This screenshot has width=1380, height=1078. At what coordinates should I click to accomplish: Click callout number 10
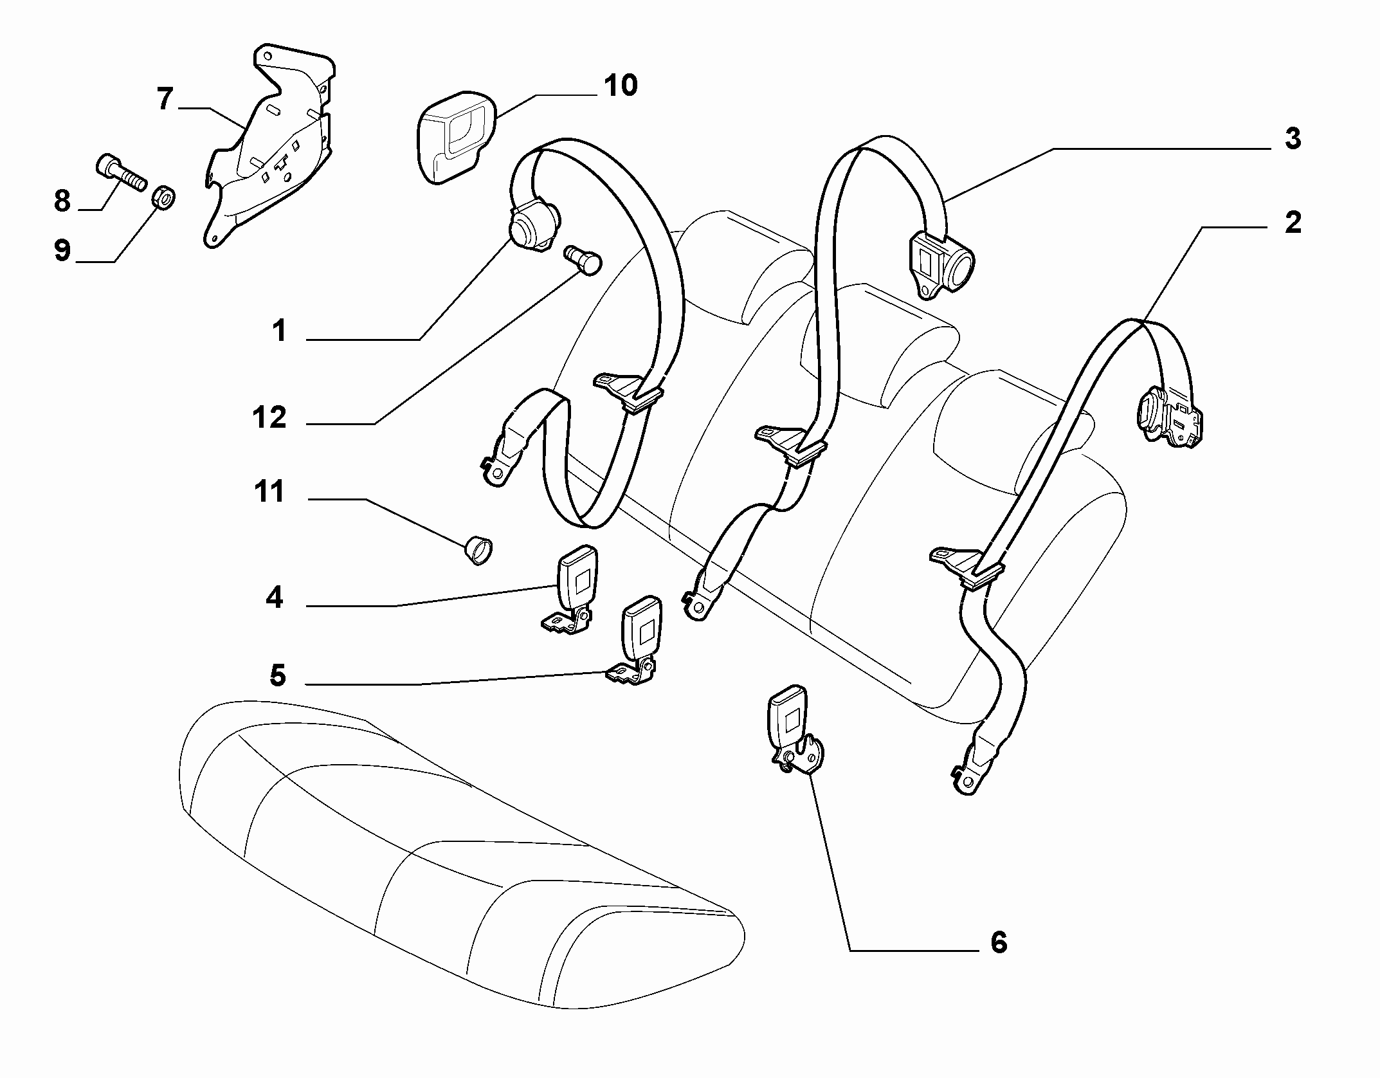[621, 86]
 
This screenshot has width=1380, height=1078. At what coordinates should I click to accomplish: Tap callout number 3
[1293, 139]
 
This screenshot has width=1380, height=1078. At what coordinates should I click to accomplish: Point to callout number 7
[165, 99]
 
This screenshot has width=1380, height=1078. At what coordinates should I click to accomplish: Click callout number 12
[269, 418]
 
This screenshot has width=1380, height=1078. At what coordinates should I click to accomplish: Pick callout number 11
[269, 493]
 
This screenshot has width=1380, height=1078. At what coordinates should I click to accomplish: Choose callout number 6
[998, 943]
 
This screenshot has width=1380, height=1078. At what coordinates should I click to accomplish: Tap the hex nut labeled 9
[165, 198]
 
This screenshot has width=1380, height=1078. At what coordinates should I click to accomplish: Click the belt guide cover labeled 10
[453, 142]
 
